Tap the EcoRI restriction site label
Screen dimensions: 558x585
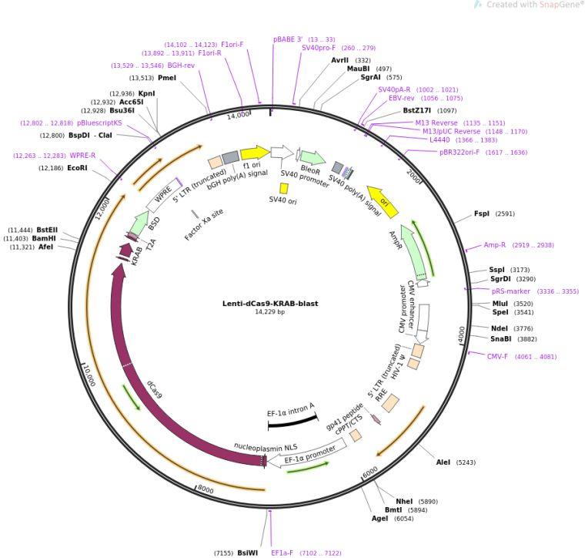tap(77, 167)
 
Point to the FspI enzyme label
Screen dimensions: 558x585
tap(482, 213)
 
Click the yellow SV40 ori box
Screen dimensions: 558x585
tap(284, 188)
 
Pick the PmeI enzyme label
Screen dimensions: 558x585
tap(167, 77)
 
